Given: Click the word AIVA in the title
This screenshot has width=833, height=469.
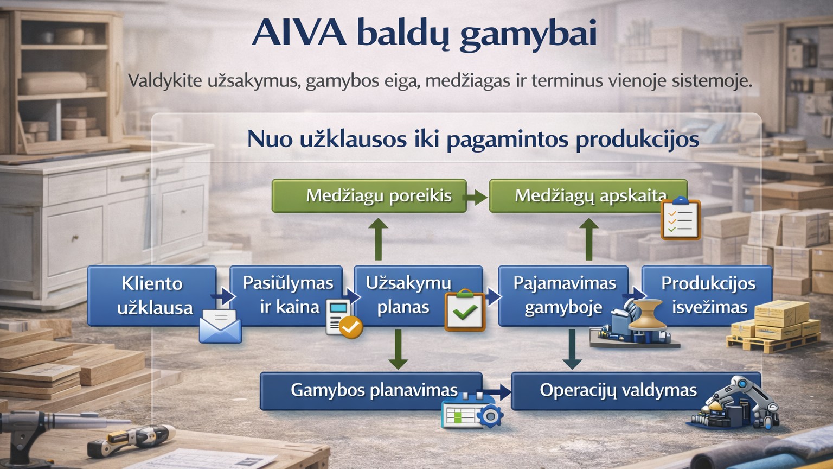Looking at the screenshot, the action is (299, 33).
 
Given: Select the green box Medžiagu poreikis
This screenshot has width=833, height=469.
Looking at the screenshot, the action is (369, 196).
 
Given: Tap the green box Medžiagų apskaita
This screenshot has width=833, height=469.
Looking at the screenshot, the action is (588, 196).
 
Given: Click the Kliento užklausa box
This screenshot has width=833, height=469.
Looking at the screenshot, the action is (152, 296).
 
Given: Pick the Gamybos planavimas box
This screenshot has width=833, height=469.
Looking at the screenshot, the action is (371, 391).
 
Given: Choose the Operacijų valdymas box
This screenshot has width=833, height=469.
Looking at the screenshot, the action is (636, 391).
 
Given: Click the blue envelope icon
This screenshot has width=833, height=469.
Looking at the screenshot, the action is (221, 326).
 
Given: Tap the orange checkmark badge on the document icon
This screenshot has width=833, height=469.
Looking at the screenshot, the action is (350, 327).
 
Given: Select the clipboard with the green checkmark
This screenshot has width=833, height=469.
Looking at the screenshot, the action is (465, 310).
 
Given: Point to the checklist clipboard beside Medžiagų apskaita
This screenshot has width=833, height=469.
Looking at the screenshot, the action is (681, 218).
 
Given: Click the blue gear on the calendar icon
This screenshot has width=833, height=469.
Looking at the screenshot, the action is (490, 416).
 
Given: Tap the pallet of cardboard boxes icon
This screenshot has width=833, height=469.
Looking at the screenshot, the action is (773, 326).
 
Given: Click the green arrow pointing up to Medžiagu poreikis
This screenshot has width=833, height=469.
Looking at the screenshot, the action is (378, 239).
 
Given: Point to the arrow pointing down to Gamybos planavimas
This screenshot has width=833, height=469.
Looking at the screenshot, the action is (398, 349).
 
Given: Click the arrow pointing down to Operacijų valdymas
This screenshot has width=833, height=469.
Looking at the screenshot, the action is (572, 349).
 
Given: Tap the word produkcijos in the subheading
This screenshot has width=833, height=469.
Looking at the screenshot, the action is (637, 140).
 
